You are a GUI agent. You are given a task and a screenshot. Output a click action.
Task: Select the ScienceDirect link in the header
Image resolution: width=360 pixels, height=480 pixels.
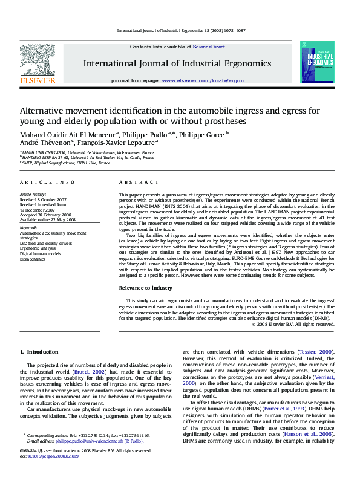coord(209,47)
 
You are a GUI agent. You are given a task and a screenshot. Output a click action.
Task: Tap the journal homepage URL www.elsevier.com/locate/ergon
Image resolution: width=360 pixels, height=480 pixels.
coord(203,80)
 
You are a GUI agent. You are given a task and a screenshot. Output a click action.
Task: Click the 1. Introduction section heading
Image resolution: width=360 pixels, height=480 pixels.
coord(39,351)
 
